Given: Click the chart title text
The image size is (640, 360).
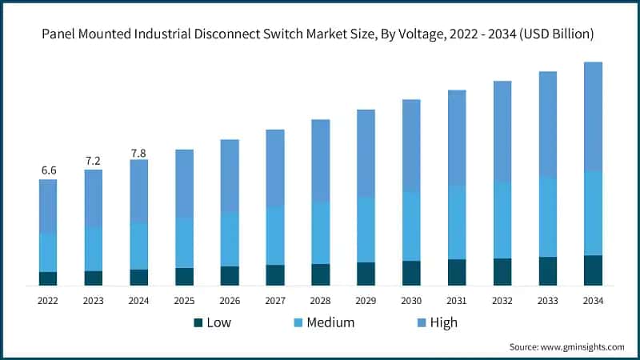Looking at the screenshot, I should pos(320,34).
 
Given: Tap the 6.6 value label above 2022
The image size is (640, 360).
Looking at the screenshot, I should pos(48,170).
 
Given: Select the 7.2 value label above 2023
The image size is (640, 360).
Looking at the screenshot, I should pos(94,161).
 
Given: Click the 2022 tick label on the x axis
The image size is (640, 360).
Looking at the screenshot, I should pos(48,300).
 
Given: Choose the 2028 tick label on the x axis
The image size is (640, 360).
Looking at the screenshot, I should pos(320,300).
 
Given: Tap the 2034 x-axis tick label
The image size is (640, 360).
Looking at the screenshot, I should pos(593,300).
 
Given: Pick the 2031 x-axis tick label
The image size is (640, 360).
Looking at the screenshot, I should pos(457,300).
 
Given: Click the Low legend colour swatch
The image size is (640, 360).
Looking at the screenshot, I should pos(198,323).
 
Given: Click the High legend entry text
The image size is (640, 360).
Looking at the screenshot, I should pos(443,323).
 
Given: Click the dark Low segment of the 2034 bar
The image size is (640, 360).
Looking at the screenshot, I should pos(593,270).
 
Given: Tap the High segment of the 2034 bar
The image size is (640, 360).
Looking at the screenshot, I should pos(593,116).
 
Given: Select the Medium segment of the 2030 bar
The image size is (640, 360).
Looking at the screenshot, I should pos(411,226).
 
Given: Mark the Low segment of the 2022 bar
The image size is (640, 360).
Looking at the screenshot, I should pos(48,278).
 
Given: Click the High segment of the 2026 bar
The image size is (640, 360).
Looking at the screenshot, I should pos(230,176).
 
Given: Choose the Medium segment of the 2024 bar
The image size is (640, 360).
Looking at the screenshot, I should pos(139,246).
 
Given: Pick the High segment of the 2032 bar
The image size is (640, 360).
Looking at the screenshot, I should pos(502,131).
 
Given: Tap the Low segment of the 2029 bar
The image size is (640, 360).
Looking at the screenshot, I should pos(366,274).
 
